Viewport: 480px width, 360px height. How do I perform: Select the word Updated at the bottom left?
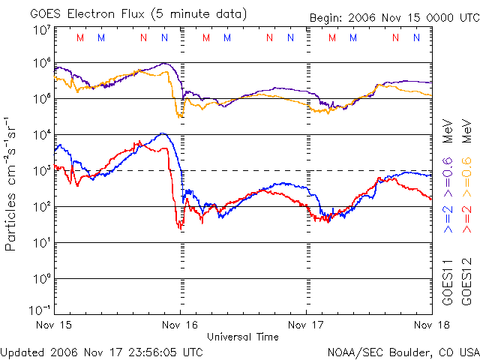click(x=23, y=351)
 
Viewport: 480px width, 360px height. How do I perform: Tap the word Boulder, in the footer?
click(x=402, y=351)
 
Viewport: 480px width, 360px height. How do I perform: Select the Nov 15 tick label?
click(x=54, y=325)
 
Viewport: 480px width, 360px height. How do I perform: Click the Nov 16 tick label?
click(x=180, y=325)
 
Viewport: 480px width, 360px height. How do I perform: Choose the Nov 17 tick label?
click(x=306, y=325)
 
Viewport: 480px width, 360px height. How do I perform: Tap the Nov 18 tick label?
click(x=432, y=325)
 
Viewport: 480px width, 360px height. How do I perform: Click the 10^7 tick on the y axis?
click(x=41, y=31)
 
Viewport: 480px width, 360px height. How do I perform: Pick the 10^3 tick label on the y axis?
click(x=41, y=170)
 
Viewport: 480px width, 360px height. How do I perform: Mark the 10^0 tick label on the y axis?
click(x=41, y=278)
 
